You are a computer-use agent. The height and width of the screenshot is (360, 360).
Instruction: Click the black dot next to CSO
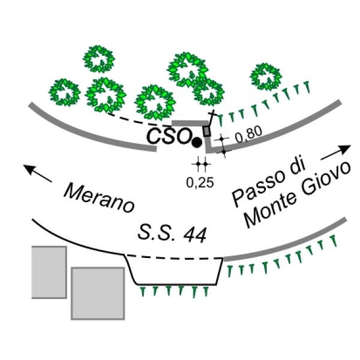coord(196,142)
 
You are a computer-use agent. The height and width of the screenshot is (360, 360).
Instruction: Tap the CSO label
coord(168,136)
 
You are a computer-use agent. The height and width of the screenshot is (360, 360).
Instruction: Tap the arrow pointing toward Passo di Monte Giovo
coord(336,151)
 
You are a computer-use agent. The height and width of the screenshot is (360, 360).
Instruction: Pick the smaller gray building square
coord(49,272)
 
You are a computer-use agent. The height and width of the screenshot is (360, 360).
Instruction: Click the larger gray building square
coord(97,293)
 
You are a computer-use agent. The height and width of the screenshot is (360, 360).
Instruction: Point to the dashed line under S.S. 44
coord(174,258)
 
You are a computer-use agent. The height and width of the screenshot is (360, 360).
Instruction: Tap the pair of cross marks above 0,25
coord(201,163)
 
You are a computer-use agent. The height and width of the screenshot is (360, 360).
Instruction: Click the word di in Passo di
coord(293,169)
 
